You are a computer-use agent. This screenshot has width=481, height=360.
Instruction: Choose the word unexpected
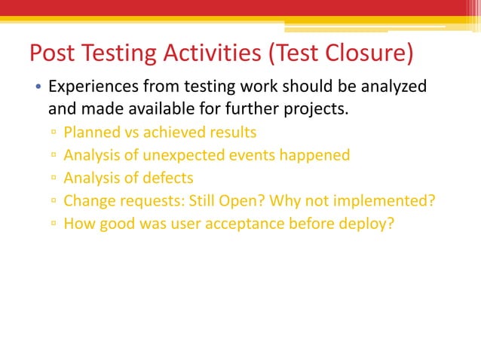(185, 155)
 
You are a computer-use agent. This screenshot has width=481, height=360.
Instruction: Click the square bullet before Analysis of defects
(54, 178)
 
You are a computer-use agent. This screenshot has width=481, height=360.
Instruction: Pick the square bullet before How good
(54, 224)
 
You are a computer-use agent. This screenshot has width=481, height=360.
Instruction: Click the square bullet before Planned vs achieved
(54, 133)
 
